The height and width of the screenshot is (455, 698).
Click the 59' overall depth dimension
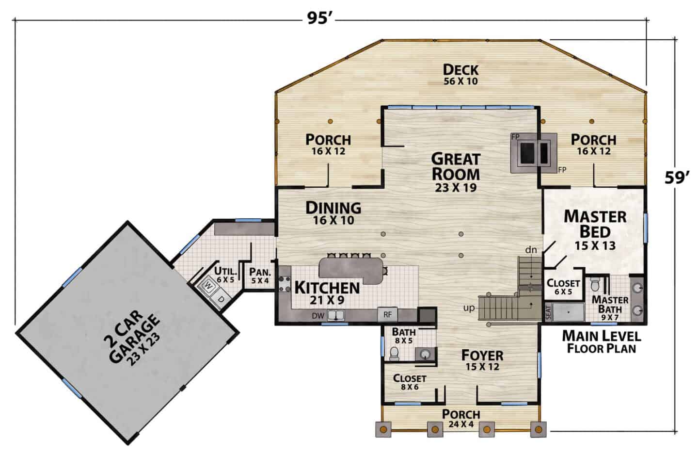tap(677, 178)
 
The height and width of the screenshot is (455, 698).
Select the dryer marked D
tap(221, 299)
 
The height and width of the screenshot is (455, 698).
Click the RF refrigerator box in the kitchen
tap(387, 315)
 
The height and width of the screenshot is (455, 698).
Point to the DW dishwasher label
tap(318, 316)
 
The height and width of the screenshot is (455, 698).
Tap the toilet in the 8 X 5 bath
tap(394, 354)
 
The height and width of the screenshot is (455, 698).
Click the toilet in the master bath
tap(595, 283)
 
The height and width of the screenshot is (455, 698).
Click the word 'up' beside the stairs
tap(469, 309)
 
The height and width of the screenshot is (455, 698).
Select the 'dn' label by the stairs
tap(531, 250)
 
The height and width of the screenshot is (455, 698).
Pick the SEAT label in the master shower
tap(548, 312)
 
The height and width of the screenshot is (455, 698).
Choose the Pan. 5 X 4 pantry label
tap(260, 276)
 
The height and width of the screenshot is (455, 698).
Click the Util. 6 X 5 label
tap(225, 275)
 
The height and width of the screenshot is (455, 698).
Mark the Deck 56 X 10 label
tap(460, 75)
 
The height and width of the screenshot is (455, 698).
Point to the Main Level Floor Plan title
tap(602, 342)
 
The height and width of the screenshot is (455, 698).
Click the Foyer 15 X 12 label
tap(482, 360)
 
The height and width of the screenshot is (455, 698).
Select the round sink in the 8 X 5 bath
tap(425, 354)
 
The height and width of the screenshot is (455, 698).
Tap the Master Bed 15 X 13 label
tap(595, 230)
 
